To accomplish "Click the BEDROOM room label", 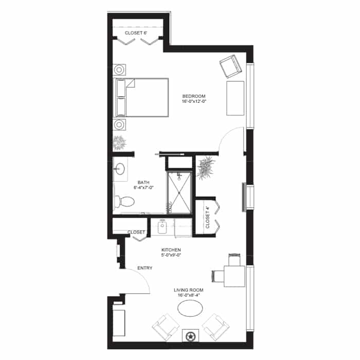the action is (193, 96).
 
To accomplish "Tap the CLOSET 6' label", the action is (136, 33).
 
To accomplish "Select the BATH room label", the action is (143, 183).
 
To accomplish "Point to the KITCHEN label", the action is (171, 250).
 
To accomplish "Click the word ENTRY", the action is (145, 268).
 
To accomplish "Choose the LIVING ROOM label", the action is (189, 290).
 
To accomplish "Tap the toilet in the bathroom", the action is (124, 202).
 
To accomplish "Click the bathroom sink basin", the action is (120, 169).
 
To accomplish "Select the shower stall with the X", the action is (179, 192).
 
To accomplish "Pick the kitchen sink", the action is (163, 227).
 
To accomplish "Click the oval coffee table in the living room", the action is (190, 309).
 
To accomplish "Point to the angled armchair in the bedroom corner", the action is (230, 66).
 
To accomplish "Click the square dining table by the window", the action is (235, 276).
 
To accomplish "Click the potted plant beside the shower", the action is (206, 168).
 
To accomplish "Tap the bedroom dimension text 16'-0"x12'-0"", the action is (193, 101).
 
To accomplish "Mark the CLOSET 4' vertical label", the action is (208, 217).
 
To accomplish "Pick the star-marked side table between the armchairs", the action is (190, 336).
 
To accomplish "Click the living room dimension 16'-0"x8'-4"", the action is (189, 295).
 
